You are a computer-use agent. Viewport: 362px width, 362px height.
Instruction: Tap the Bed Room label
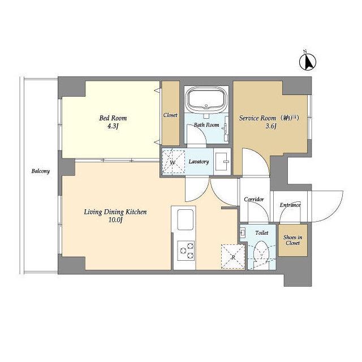tap(113, 118)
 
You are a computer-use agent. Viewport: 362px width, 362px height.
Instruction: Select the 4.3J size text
tap(113, 127)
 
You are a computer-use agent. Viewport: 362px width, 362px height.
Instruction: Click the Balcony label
tap(41, 171)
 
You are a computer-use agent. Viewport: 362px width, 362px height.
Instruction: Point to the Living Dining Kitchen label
tap(115, 212)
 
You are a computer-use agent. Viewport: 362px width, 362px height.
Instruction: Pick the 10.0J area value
tap(115, 221)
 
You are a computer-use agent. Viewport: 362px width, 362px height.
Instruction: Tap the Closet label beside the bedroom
tap(170, 115)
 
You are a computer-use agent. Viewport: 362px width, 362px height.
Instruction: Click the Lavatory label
tap(199, 162)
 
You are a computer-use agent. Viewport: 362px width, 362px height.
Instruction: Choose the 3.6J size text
tap(270, 127)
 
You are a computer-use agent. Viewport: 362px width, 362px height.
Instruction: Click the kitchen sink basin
tap(186, 219)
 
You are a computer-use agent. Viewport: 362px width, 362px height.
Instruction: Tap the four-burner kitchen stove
tap(186, 249)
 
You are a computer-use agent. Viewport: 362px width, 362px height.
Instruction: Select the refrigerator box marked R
tap(232, 256)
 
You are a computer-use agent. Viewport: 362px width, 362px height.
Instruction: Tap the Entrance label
tap(290, 205)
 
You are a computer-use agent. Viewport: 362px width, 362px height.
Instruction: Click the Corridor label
tap(254, 200)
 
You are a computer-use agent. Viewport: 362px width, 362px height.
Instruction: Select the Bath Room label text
tap(206, 125)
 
